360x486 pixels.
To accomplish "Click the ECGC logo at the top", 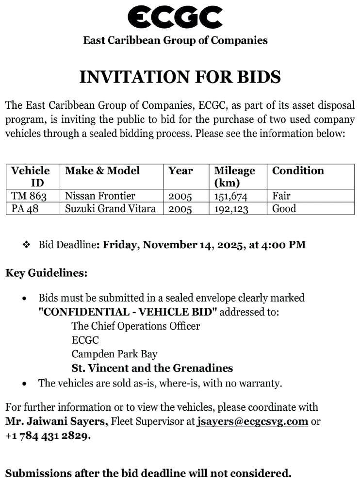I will (175, 17).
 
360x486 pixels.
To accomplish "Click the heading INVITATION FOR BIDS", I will (180, 77).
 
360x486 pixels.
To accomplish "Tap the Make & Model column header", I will (102, 171).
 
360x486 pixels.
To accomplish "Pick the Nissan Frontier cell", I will (100, 196).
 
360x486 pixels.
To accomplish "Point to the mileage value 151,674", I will (231, 196).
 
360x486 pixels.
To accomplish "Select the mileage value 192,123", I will (231, 209).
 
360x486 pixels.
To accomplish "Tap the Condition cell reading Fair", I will (281, 196).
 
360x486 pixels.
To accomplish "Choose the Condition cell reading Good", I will (284, 209).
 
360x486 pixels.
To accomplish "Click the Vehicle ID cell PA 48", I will (25, 209).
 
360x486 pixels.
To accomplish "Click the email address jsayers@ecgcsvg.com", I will (253, 421).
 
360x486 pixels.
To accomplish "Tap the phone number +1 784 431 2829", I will (48, 436).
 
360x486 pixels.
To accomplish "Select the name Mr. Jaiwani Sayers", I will (57, 421).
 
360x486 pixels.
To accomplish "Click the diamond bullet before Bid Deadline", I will (27, 245).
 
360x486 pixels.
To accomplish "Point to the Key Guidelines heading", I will (47, 273).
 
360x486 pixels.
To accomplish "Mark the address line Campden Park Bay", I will (115, 354).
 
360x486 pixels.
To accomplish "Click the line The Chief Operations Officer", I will (135, 326).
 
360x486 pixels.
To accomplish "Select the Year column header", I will (180, 171).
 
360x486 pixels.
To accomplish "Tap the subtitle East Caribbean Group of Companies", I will (175, 40).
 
